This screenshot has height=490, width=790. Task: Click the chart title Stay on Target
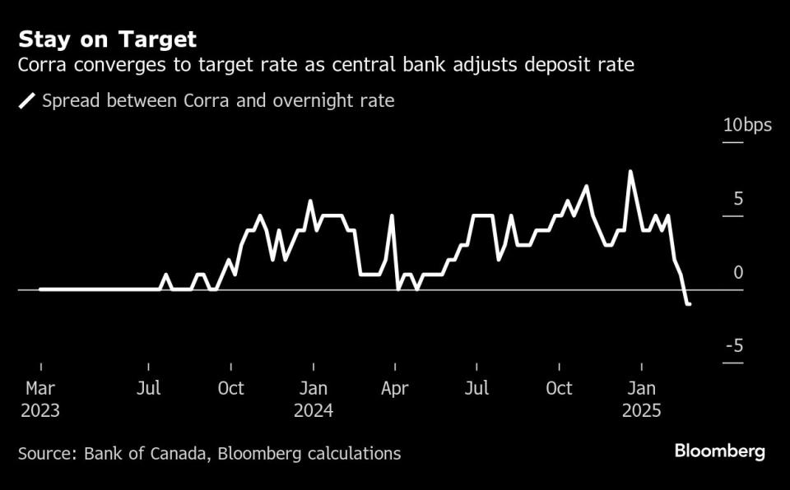108,39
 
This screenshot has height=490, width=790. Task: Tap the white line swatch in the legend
27,101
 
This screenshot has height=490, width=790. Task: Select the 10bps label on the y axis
746,126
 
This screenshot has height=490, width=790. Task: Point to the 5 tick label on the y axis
737,199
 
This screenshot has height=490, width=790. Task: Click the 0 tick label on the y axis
738,272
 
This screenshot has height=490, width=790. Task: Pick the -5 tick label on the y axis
734,345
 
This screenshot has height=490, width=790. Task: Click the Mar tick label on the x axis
39,388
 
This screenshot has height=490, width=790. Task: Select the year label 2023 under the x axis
39,410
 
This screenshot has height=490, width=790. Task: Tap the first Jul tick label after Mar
148,388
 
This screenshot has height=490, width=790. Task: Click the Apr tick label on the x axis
395,388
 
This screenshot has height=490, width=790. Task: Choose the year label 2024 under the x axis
313,410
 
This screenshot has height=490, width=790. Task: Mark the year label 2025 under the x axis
642,410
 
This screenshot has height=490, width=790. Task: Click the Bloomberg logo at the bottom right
719,451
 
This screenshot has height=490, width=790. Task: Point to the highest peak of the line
630,172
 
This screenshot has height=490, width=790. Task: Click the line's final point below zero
689,304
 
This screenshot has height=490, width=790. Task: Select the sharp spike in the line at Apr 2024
392,215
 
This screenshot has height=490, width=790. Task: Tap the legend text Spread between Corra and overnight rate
218,101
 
